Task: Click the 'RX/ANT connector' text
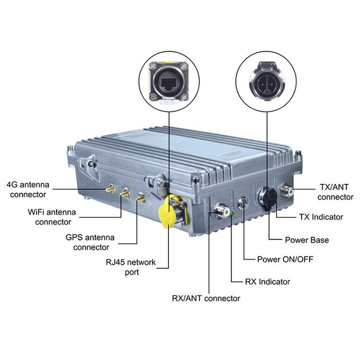point(205,298)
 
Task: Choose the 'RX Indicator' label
point(267,281)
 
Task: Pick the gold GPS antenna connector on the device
point(141,197)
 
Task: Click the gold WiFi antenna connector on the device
point(125,193)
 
